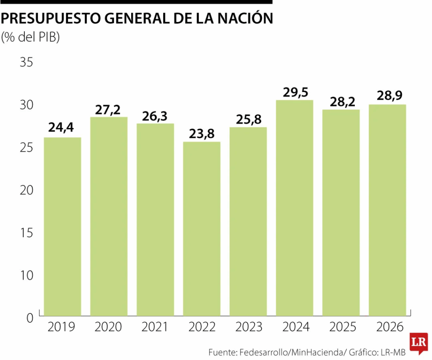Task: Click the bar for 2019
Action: pos(62,226)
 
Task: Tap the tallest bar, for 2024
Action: pos(294,208)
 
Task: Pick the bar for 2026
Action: pos(387,210)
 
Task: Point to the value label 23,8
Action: pos(202,134)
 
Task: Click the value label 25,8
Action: pos(248,120)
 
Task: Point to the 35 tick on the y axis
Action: pos(26,62)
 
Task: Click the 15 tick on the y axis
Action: pos(26,233)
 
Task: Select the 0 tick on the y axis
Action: pos(30,318)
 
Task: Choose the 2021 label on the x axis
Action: pos(155,327)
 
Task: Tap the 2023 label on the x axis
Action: pos(248,327)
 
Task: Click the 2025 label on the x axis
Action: pos(341,327)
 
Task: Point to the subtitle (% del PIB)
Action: pos(31,37)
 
